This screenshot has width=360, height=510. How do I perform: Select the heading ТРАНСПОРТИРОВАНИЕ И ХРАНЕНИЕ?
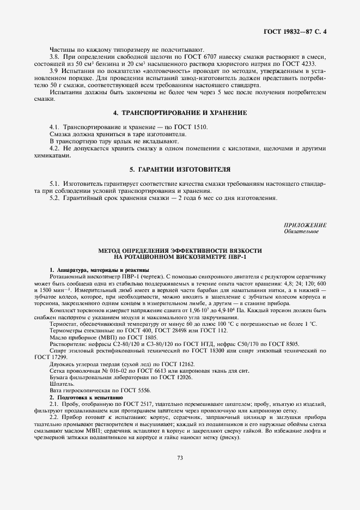coord(180,113)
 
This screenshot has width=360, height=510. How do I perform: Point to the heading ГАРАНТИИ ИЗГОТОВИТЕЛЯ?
coord(180,169)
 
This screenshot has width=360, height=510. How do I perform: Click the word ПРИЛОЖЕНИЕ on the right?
coord(305,225)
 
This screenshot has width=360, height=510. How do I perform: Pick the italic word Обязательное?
coord(301,232)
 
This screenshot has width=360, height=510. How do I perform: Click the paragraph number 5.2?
coord(54,198)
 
